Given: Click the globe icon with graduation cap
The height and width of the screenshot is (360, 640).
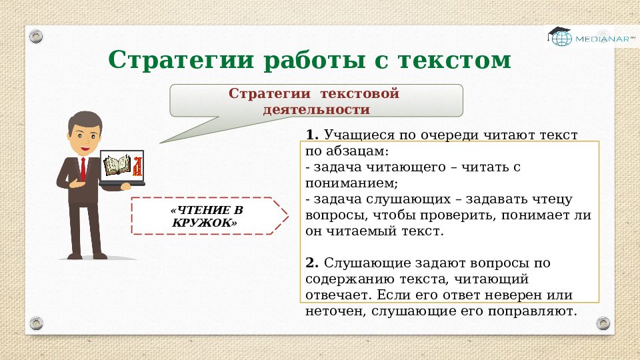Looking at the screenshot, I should pos(560,37).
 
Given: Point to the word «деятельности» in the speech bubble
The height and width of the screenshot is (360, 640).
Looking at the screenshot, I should pos(316,109).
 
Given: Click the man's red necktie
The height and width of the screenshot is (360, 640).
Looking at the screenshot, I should pos(82,169).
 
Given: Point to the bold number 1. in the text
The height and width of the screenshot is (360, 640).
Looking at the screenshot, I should pos(313,135).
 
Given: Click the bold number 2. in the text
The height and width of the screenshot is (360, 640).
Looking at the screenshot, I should pos(313,263).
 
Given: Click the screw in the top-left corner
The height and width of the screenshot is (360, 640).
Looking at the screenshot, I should pos(36,35).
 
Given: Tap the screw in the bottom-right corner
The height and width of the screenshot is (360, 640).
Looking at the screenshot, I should pos(603,323).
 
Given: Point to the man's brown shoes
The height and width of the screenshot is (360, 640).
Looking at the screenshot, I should pos(87,255).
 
